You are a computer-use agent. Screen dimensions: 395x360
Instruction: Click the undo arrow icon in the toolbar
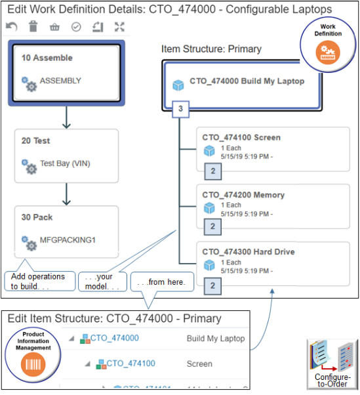pos(11,27)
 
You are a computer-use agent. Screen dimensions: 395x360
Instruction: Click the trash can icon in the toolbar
pos(33,27)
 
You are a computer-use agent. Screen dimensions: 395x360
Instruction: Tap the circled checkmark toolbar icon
pos(75,27)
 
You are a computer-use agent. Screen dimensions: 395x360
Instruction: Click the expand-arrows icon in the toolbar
pos(119,27)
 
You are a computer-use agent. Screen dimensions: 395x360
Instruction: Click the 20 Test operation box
pos(66,155)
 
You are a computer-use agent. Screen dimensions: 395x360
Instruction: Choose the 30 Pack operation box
pos(66,231)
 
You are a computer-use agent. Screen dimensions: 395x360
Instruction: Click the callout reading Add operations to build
pos(37,281)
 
